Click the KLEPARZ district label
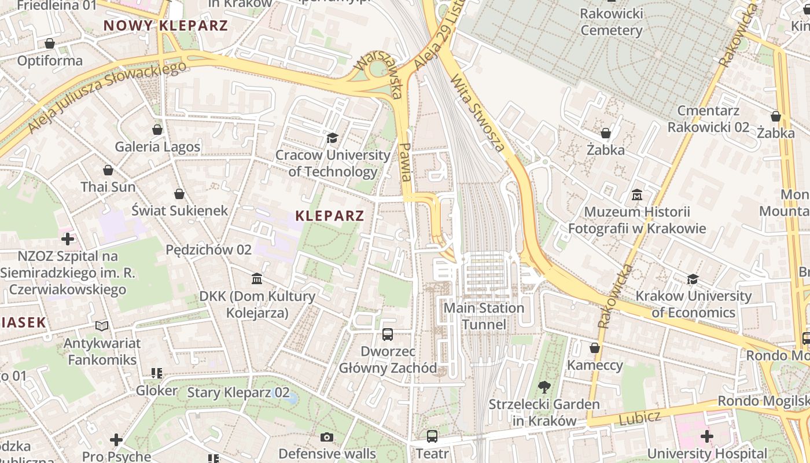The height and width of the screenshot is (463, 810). coord(329,216)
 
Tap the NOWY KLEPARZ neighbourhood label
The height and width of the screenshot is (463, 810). coord(165,25)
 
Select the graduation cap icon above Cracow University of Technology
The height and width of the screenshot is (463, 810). coord(332,138)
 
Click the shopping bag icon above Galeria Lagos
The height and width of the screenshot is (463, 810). coord(157,130)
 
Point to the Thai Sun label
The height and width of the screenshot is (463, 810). coord(108,187)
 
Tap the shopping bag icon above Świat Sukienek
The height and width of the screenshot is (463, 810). coord(179,193)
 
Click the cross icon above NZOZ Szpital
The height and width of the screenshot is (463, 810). coord(68,238)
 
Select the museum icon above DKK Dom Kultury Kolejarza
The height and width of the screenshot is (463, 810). coord(257,280)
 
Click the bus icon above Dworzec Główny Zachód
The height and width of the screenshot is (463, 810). coord(388,335)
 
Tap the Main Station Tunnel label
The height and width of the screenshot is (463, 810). coord(484,316)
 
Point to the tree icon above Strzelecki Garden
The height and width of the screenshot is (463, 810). coord(544,387)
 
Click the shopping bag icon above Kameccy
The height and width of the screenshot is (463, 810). coord(594,348)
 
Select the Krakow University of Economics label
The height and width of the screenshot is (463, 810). coord(693,304)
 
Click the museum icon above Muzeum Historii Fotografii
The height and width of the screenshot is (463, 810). coord(637,195)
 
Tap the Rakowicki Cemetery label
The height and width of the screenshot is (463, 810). coord(611,22)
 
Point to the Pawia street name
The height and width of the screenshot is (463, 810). coord(406,162)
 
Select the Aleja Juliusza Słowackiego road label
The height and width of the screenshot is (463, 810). coord(107,96)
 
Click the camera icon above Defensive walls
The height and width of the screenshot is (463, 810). coord(327,437)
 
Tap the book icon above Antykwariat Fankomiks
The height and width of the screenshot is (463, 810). coord(102,326)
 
